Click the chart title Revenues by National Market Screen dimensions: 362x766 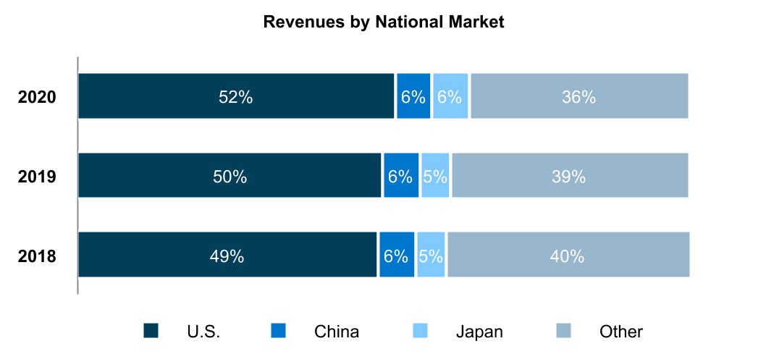tap(383, 22)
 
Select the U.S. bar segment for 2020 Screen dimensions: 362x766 tap(236, 96)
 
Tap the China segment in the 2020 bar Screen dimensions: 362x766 tap(413, 96)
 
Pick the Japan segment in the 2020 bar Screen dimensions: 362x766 tap(450, 96)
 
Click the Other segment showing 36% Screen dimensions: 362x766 tap(578, 96)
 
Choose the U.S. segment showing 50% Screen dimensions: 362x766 tap(230, 176)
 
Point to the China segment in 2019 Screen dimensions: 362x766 tap(401, 176)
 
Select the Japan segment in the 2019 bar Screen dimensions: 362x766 tap(435, 176)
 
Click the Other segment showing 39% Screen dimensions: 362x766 tap(569, 176)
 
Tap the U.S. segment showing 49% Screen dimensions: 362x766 tap(227, 256)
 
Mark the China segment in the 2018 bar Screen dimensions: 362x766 tap(397, 256)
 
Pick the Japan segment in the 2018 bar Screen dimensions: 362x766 tap(432, 256)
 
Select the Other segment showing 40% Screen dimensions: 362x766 tap(568, 256)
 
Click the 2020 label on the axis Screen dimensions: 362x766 tap(37, 96)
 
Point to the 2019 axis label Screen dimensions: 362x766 tap(37, 176)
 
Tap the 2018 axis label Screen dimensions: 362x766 tap(37, 256)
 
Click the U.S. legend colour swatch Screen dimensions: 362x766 tap(151, 331)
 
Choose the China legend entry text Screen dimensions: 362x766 tap(337, 332)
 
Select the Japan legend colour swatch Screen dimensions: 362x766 tap(421, 331)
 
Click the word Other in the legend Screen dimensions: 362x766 tap(621, 332)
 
